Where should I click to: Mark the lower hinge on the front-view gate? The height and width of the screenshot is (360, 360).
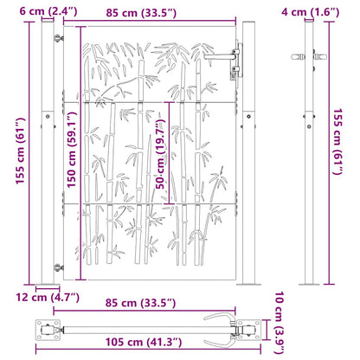tap(59, 268)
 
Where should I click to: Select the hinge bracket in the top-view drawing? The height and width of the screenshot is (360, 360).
tap(49, 327)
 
